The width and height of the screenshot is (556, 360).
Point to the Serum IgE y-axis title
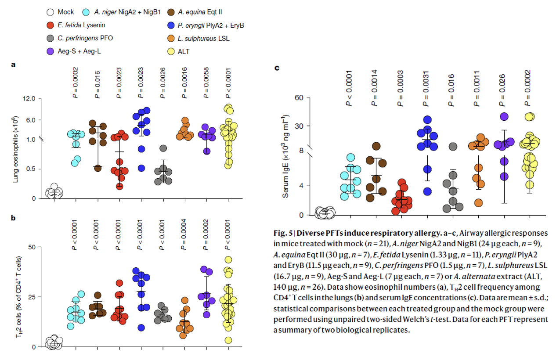(x=286, y=156)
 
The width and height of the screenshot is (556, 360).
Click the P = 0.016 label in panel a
(x=97, y=84)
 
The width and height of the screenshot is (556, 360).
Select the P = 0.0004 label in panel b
(x=184, y=234)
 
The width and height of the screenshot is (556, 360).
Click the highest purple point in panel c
(x=504, y=117)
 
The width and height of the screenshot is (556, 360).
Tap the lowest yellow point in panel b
(x=227, y=340)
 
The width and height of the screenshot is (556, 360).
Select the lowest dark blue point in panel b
(x=141, y=328)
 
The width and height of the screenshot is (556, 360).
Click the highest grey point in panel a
(x=163, y=148)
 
